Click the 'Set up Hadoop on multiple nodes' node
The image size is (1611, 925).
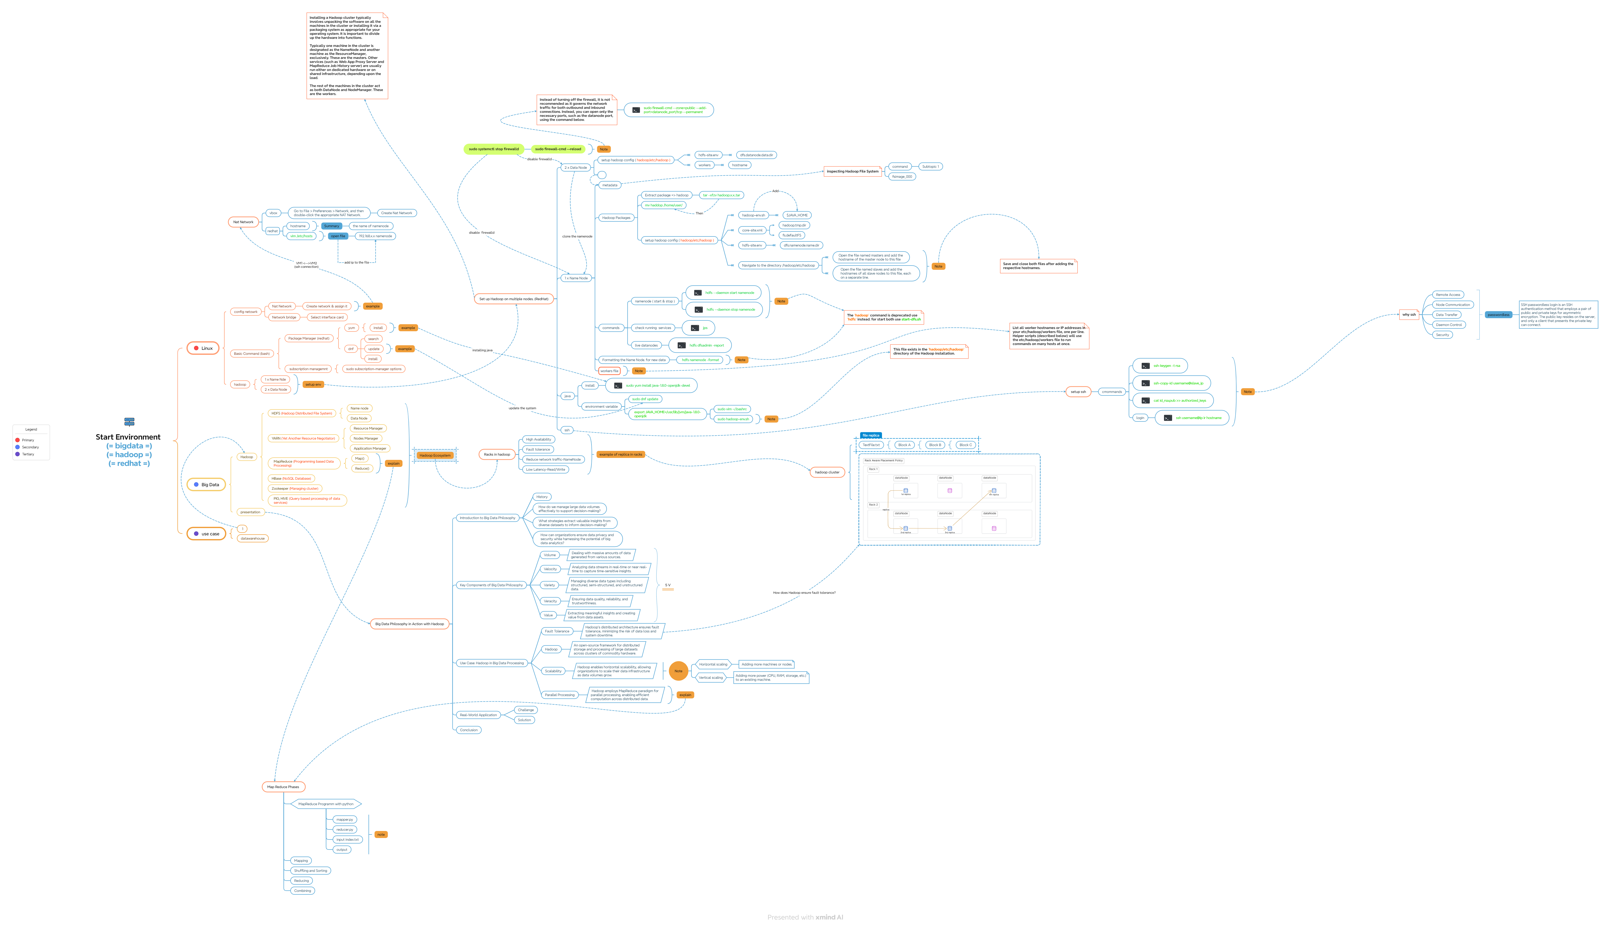click(x=514, y=299)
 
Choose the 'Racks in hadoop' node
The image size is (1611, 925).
click(x=497, y=454)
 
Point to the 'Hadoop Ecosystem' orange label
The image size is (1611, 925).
click(x=435, y=456)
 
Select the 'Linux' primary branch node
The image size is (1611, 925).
click(x=204, y=348)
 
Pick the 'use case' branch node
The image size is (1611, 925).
click(x=207, y=534)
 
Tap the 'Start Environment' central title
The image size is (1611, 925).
click(x=128, y=437)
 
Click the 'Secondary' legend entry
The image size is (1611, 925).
click(x=30, y=447)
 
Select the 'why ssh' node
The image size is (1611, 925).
click(x=1409, y=314)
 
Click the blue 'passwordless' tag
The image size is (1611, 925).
click(x=1498, y=314)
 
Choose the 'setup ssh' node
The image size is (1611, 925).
click(x=1078, y=392)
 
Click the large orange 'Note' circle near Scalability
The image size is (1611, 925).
click(x=678, y=671)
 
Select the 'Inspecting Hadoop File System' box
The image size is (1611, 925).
click(x=852, y=172)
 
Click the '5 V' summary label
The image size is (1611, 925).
click(x=667, y=585)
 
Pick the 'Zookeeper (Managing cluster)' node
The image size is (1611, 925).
click(x=295, y=488)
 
